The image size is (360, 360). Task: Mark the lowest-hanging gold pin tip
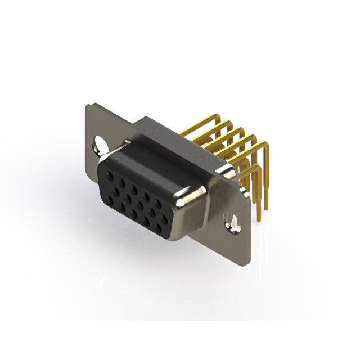[x=259, y=218]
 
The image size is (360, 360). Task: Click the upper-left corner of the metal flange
[x=88, y=105]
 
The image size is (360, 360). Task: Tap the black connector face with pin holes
[x=135, y=202]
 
